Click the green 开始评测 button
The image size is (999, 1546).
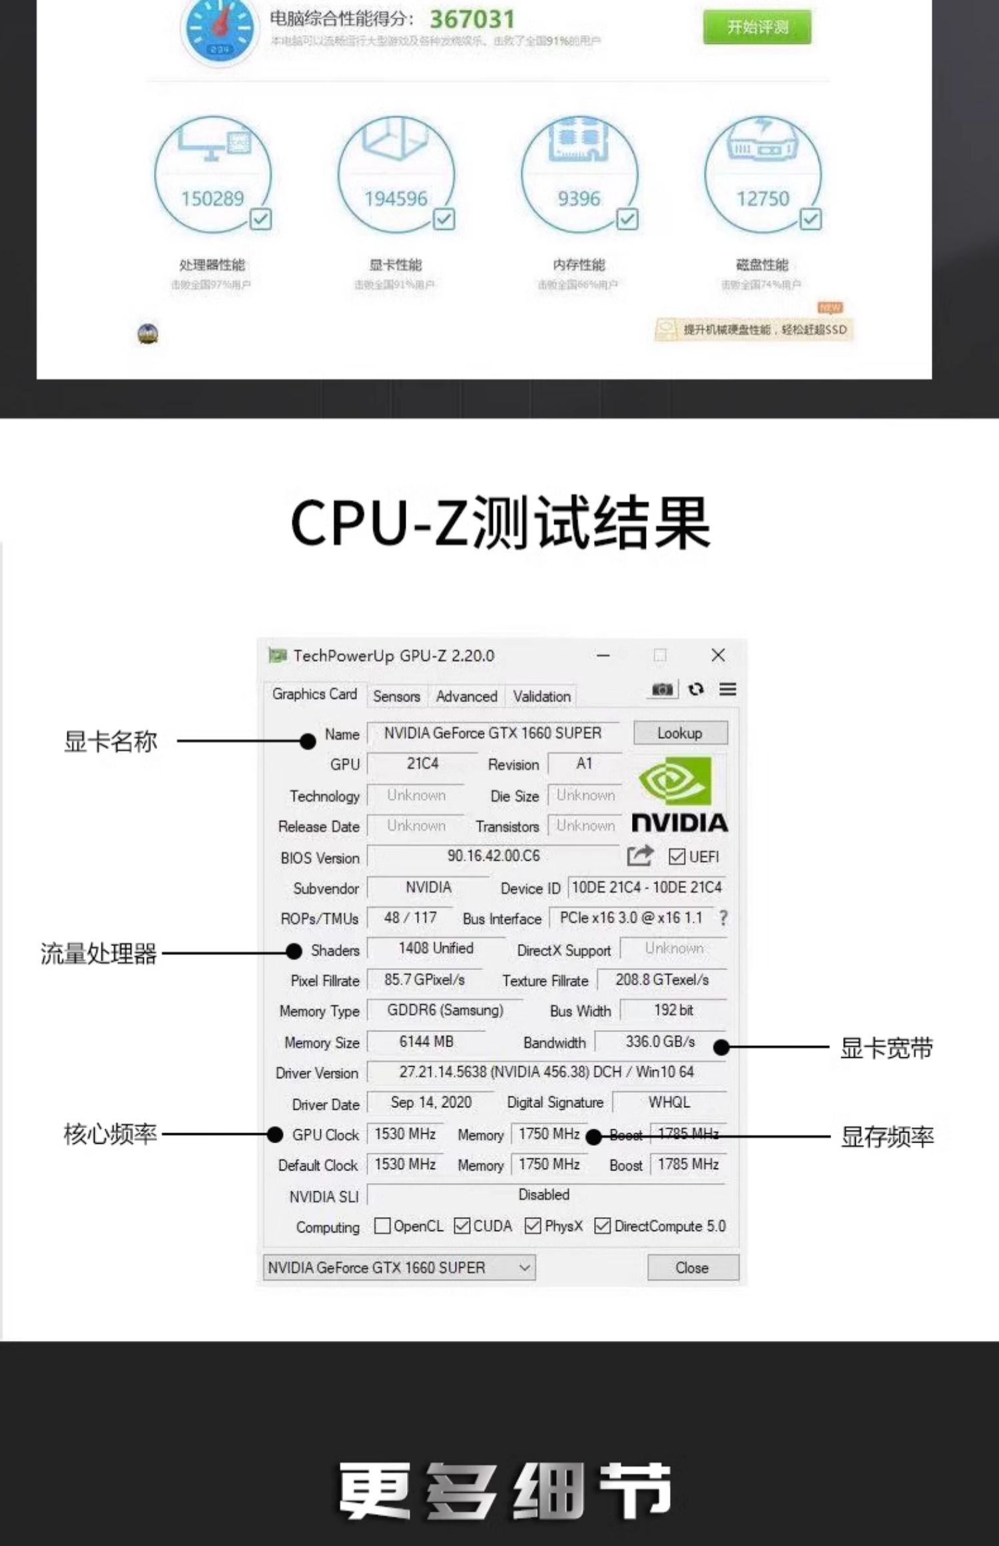click(757, 27)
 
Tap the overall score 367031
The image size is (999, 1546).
click(472, 19)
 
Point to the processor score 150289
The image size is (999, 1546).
click(212, 198)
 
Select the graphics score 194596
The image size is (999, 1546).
click(396, 198)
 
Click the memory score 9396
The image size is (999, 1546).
click(579, 198)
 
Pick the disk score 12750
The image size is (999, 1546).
click(763, 198)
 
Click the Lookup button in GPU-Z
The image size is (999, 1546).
click(680, 733)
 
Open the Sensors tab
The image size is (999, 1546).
click(396, 696)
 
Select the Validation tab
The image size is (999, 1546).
click(541, 696)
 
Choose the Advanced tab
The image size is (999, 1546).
click(466, 696)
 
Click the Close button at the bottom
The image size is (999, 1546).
click(692, 1268)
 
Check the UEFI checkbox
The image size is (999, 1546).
click(677, 856)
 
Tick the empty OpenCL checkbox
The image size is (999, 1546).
click(382, 1226)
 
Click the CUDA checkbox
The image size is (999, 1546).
click(462, 1226)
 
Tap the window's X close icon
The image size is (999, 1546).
click(718, 655)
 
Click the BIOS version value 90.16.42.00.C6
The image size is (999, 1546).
click(494, 856)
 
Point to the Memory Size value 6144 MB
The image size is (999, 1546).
click(426, 1041)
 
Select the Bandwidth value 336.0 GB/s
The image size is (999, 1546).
click(660, 1041)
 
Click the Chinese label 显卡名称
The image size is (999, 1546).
click(111, 741)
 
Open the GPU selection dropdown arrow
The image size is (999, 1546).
click(525, 1268)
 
